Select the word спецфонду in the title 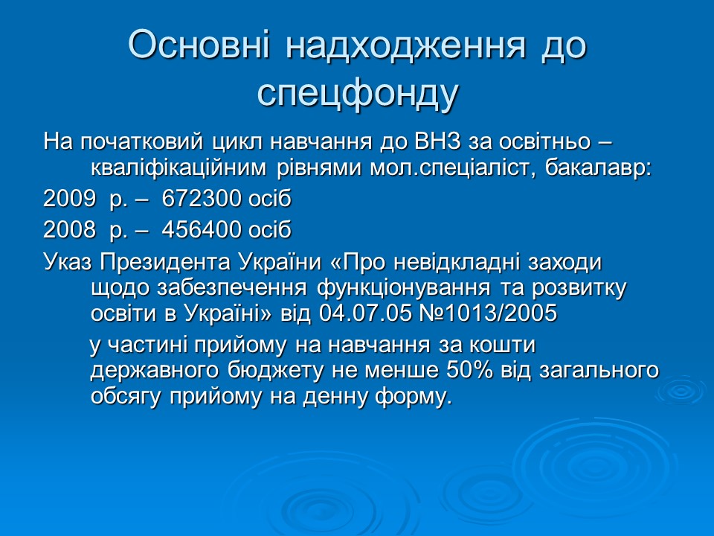(357, 93)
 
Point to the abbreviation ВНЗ (434, 141)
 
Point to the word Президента (163, 263)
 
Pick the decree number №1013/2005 (492, 313)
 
